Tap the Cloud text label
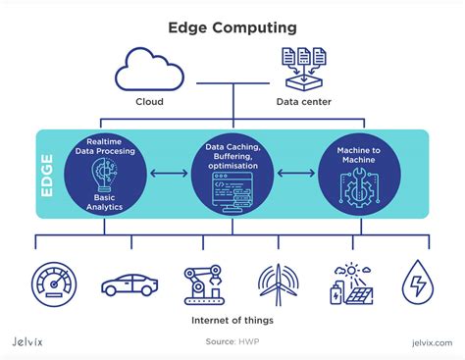click(x=149, y=101)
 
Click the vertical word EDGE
click(x=47, y=175)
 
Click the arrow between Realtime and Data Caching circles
click(x=169, y=175)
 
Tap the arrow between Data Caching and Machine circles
click(x=295, y=175)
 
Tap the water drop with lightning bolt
click(x=419, y=282)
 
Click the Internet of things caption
click(x=233, y=319)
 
